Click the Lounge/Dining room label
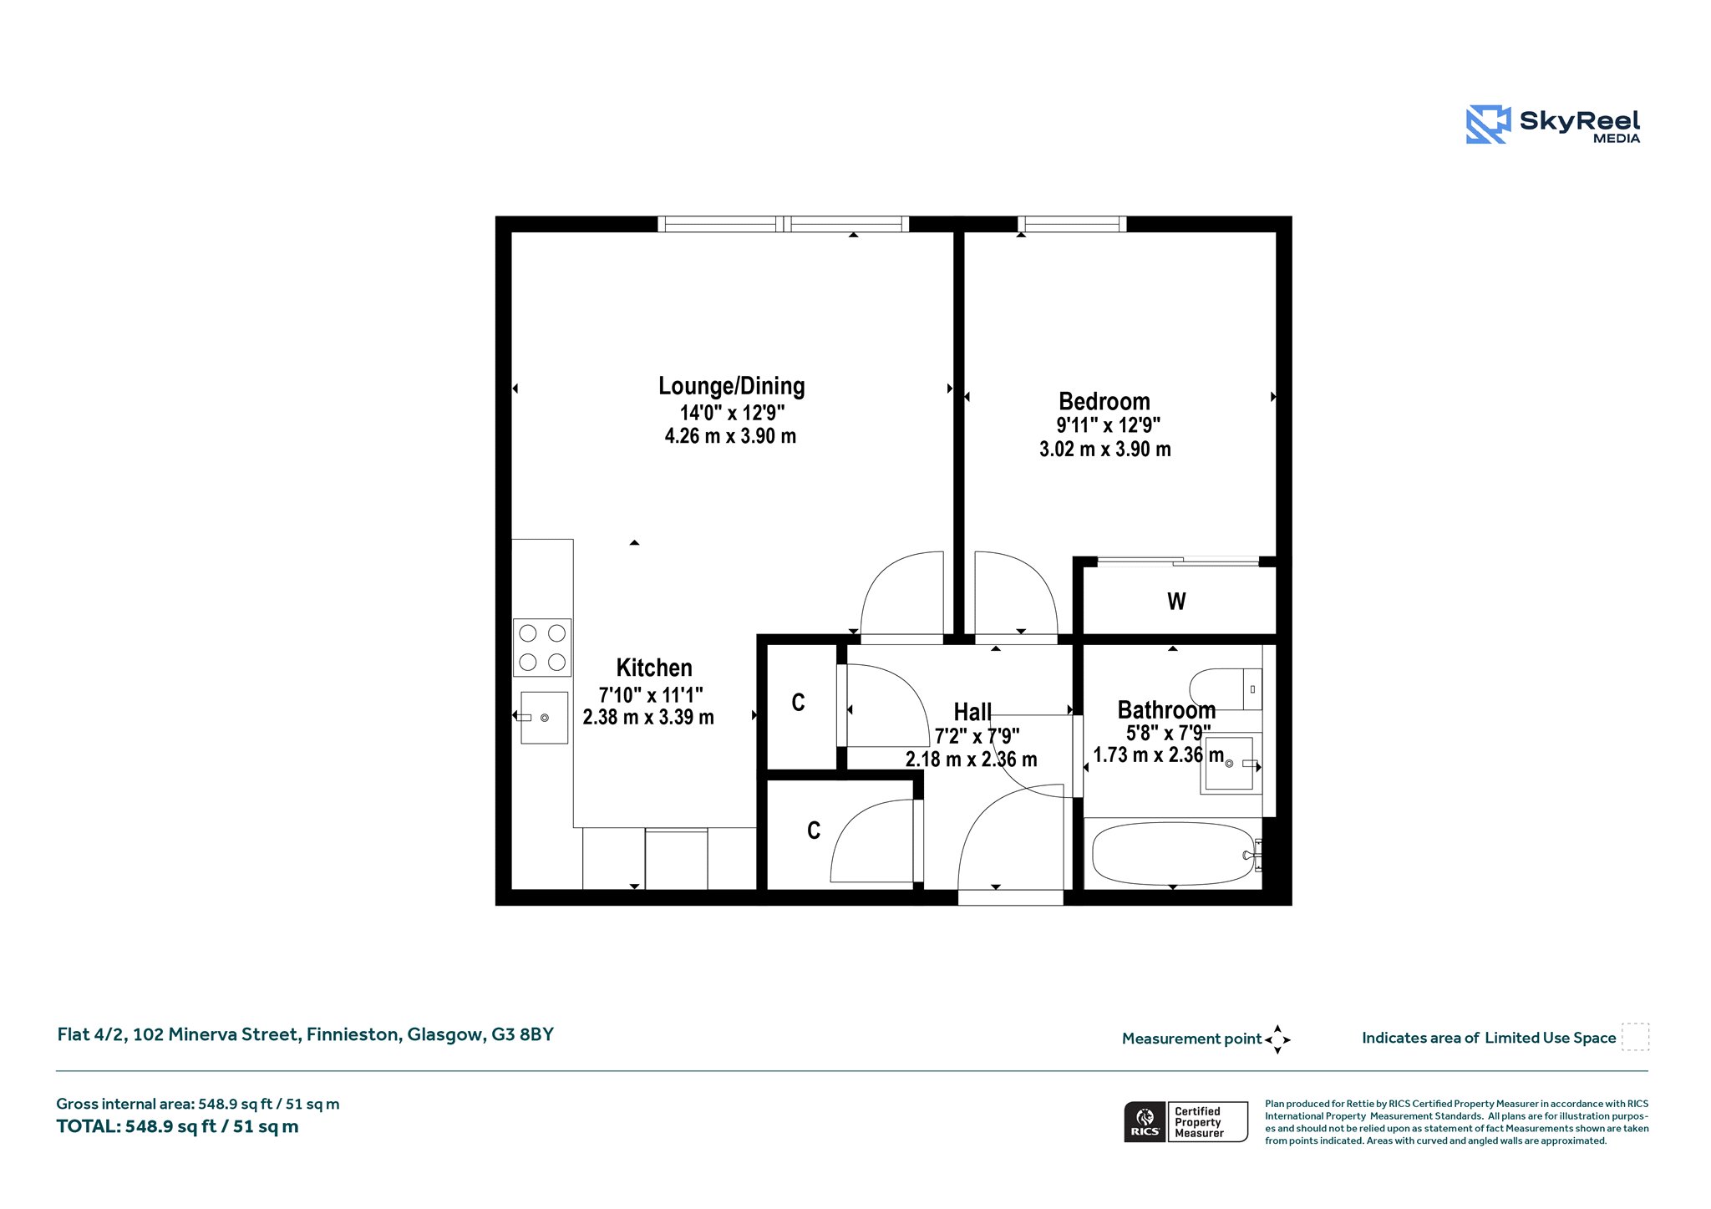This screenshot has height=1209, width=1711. pyautogui.click(x=731, y=386)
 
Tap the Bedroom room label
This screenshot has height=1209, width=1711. pyautogui.click(x=1104, y=401)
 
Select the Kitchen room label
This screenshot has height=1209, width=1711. pyautogui.click(x=654, y=668)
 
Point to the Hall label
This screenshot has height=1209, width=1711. pyautogui.click(x=972, y=712)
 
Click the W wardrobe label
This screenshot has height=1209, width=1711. pyautogui.click(x=1176, y=602)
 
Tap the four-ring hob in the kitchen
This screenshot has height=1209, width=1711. pyautogui.click(x=542, y=648)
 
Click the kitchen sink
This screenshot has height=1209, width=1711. pyautogui.click(x=544, y=718)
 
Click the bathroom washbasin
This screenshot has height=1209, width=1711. pyautogui.click(x=1229, y=764)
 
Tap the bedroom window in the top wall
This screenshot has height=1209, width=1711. pyautogui.click(x=1072, y=224)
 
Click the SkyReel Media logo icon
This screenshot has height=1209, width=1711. pyautogui.click(x=1488, y=124)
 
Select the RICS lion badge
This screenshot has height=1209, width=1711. pyautogui.click(x=1145, y=1121)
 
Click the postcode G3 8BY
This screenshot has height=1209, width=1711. pyautogui.click(x=522, y=1034)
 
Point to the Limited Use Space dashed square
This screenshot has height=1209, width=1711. pyautogui.click(x=1635, y=1037)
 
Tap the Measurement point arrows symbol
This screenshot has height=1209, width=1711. pyautogui.click(x=1277, y=1039)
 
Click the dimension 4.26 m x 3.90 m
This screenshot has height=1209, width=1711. pyautogui.click(x=730, y=436)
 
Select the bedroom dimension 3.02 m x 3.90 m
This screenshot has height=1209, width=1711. pyautogui.click(x=1104, y=450)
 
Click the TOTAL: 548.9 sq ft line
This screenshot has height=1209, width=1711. pyautogui.click(x=177, y=1126)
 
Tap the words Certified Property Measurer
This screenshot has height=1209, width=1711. pyautogui.click(x=1199, y=1122)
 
